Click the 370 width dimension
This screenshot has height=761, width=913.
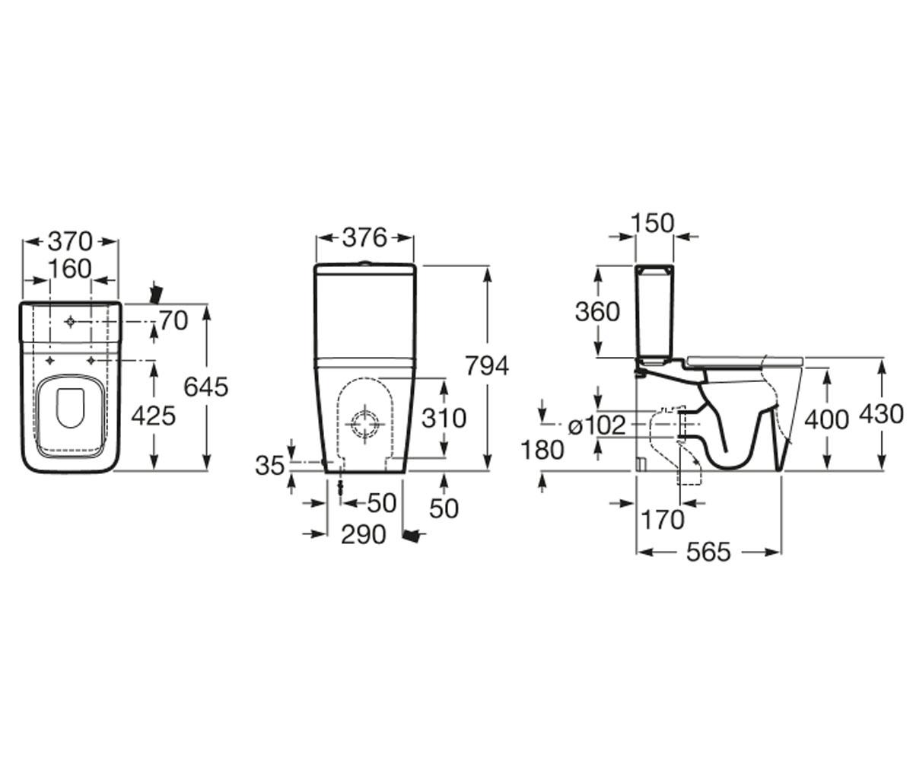click(x=71, y=241)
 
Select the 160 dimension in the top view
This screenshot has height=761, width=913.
click(x=70, y=269)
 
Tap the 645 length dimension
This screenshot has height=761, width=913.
click(x=206, y=387)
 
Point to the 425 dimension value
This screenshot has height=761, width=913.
click(x=154, y=416)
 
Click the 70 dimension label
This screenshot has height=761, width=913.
click(x=173, y=320)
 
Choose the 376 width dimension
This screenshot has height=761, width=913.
click(x=364, y=238)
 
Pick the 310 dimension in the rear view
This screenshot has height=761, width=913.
click(x=444, y=418)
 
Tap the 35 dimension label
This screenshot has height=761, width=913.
click(x=270, y=465)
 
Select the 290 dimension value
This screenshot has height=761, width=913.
click(x=364, y=534)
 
